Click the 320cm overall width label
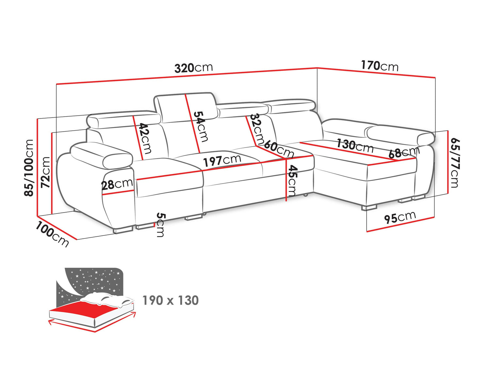pyautogui.click(x=193, y=68)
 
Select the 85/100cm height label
pyautogui.click(x=29, y=168)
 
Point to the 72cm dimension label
pyautogui.click(x=46, y=172)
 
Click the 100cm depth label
pyautogui.click(x=52, y=234)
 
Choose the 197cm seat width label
pyautogui.click(x=222, y=161)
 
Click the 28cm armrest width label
pyautogui.click(x=117, y=184)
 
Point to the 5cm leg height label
pyautogui.click(x=160, y=224)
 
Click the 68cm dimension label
pyautogui.click(x=404, y=152)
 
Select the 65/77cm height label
pyautogui.click(x=455, y=162)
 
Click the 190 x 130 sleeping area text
pyautogui.click(x=171, y=300)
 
